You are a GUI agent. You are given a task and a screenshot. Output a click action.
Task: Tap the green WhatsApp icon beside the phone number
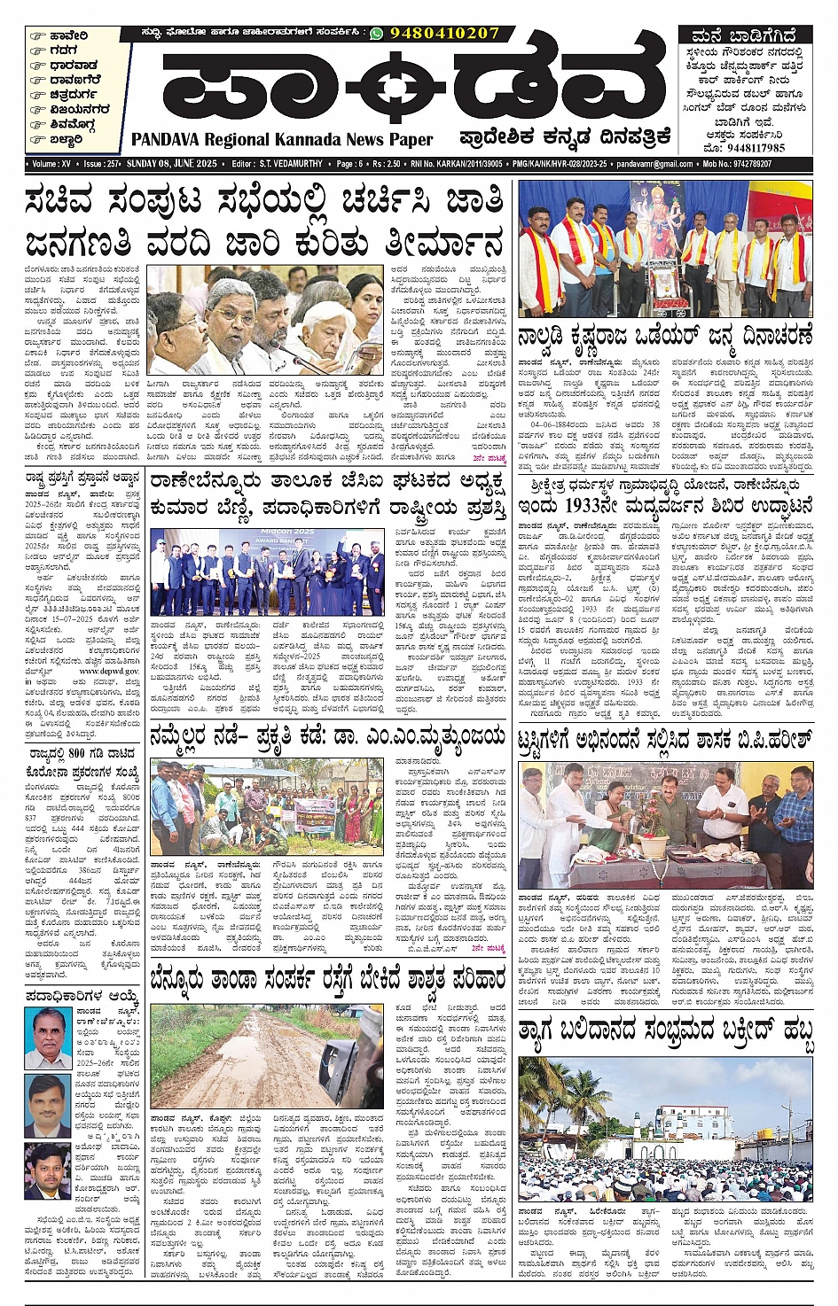(x=377, y=34)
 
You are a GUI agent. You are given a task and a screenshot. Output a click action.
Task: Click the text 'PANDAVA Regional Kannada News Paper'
(x=282, y=139)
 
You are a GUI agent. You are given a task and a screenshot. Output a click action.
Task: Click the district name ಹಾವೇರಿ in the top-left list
(x=69, y=37)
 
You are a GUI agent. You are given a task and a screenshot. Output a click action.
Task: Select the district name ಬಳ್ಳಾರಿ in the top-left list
(x=67, y=139)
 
